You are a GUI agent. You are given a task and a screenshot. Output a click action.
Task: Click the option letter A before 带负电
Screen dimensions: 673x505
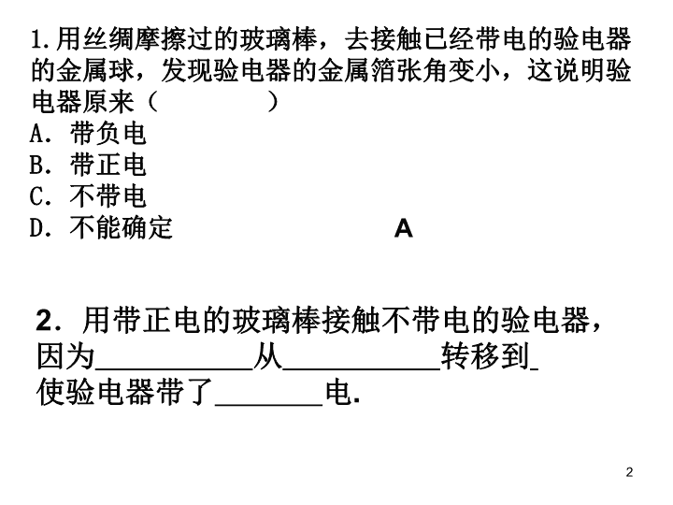(x=36, y=133)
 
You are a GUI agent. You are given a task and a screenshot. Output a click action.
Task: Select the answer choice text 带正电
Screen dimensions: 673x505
(x=108, y=165)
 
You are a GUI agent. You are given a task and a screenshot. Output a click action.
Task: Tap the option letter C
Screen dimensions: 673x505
(x=36, y=196)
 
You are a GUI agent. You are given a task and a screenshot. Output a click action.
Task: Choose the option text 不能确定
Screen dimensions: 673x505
(x=121, y=227)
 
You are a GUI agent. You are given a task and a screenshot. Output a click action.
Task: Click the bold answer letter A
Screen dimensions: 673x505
(x=404, y=228)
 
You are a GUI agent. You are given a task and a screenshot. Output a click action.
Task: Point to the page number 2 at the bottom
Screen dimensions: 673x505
(x=629, y=472)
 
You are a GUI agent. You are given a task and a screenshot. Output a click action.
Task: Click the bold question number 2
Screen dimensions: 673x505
(x=45, y=321)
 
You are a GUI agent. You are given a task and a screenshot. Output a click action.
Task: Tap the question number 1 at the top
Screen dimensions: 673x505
(x=36, y=39)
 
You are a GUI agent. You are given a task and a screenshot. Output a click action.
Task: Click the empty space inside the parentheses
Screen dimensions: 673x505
(x=213, y=102)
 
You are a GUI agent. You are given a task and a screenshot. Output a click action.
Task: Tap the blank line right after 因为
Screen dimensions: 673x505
(x=174, y=368)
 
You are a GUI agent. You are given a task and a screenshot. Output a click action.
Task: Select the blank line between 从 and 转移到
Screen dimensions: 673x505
(x=362, y=368)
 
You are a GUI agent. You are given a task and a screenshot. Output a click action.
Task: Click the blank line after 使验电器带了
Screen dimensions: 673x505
(x=268, y=404)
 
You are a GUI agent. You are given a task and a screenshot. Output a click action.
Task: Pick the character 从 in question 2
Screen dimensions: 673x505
(x=268, y=356)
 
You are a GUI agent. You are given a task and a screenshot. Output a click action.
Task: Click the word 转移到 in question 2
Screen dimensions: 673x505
(x=485, y=356)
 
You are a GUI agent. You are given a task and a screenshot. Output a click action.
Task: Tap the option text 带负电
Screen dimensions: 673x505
(x=108, y=133)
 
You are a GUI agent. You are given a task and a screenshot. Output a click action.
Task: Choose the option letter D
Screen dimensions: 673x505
(x=36, y=228)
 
